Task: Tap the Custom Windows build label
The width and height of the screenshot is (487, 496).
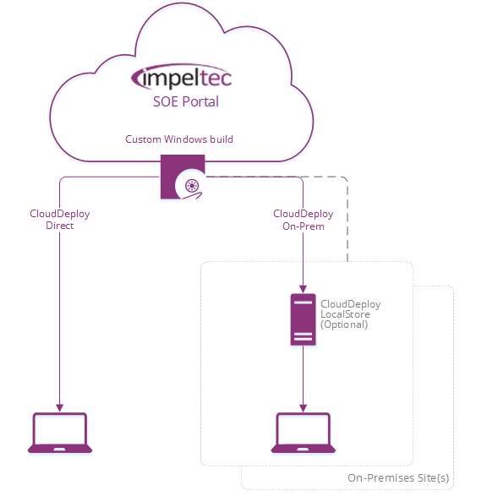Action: [179, 139]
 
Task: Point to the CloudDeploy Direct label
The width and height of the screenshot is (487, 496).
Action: [60, 220]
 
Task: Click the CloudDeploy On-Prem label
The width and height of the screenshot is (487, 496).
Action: [302, 220]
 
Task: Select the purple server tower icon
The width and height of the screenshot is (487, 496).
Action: [302, 319]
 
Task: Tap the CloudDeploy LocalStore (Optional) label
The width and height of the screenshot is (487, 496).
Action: [350, 314]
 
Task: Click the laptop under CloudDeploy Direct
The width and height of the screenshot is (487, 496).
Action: [59, 433]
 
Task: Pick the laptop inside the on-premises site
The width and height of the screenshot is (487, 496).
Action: [302, 433]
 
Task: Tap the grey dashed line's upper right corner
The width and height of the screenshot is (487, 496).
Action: [346, 178]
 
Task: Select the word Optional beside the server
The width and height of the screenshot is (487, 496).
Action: [344, 324]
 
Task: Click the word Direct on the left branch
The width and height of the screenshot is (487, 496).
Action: [60, 226]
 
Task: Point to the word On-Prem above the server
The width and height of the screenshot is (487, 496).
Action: [302, 226]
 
